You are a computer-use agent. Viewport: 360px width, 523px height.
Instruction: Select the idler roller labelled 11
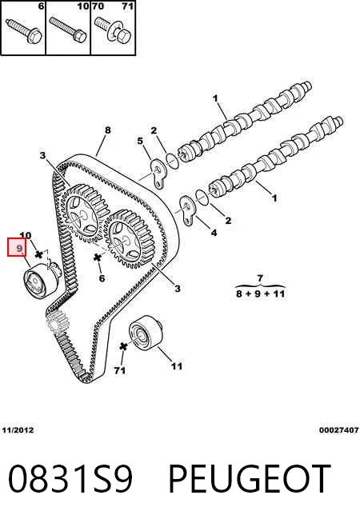pyautogui.click(x=146, y=333)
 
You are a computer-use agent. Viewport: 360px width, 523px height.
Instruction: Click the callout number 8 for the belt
pyautogui.click(x=107, y=130)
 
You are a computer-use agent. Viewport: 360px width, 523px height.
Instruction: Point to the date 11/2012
pyautogui.click(x=18, y=430)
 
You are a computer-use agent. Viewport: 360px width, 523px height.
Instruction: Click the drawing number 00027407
pyautogui.click(x=338, y=430)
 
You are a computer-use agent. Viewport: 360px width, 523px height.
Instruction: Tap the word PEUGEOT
pyautogui.click(x=250, y=479)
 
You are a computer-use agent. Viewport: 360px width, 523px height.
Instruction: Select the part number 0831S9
pyautogui.click(x=70, y=479)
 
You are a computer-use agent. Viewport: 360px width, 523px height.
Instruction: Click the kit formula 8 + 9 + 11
pyautogui.click(x=260, y=293)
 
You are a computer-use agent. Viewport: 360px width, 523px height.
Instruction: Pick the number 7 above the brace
pyautogui.click(x=260, y=277)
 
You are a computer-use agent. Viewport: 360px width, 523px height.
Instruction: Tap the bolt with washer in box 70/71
pyautogui.click(x=114, y=30)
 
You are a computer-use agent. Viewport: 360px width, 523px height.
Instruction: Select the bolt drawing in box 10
pyautogui.click(x=68, y=30)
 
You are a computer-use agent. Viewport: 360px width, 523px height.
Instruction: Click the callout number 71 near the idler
pyautogui.click(x=119, y=370)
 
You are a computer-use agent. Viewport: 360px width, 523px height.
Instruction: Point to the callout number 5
pyautogui.click(x=140, y=141)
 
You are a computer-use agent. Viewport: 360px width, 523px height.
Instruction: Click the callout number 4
pyautogui.click(x=214, y=233)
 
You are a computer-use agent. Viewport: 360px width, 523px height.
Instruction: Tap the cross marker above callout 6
pyautogui.click(x=98, y=258)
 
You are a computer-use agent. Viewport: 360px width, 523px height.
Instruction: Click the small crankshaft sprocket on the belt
pyautogui.click(x=57, y=321)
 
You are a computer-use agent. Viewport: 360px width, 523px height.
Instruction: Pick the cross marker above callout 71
pyautogui.click(x=123, y=346)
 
